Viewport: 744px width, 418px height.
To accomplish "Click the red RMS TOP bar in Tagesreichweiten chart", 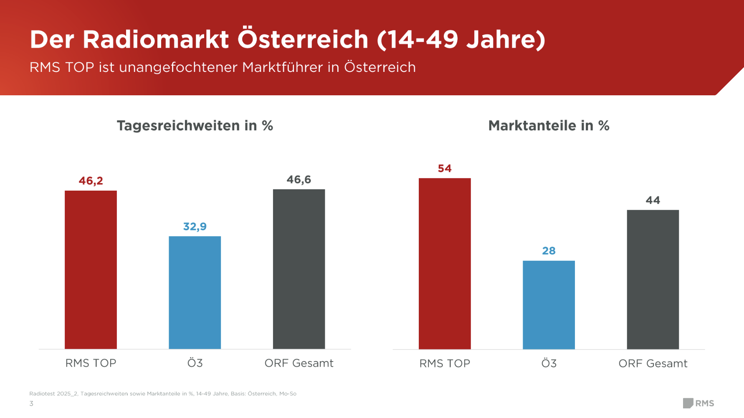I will (x=91, y=270).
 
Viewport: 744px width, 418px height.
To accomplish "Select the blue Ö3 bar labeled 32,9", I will (x=195, y=293).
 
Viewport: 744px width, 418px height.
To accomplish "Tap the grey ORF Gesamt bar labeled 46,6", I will (x=299, y=269).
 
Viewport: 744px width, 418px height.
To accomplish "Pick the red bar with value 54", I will (x=445, y=263).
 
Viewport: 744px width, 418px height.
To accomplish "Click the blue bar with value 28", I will (x=549, y=305).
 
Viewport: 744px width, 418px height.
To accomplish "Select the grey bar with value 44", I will (x=653, y=279).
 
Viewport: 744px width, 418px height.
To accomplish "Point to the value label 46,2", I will (x=91, y=181).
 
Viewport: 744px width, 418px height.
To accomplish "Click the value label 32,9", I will (x=195, y=227).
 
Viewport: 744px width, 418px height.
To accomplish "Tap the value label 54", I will (x=445, y=168).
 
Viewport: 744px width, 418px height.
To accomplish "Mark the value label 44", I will (x=653, y=200).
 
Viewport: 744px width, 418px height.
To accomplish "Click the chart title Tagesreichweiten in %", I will (x=195, y=125).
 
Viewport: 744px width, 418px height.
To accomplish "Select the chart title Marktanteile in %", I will (x=549, y=125).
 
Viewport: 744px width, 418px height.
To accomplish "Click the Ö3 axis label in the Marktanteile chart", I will (x=549, y=363).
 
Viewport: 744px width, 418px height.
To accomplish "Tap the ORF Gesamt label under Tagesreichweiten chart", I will (x=299, y=363).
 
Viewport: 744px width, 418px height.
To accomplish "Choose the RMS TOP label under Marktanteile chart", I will (x=445, y=363).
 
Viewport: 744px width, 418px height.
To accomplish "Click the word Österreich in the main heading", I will (x=303, y=39).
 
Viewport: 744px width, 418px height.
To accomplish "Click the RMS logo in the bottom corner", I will (x=698, y=403).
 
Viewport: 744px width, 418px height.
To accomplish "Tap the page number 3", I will (x=31, y=403).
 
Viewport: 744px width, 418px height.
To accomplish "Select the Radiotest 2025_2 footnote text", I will (x=163, y=393).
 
